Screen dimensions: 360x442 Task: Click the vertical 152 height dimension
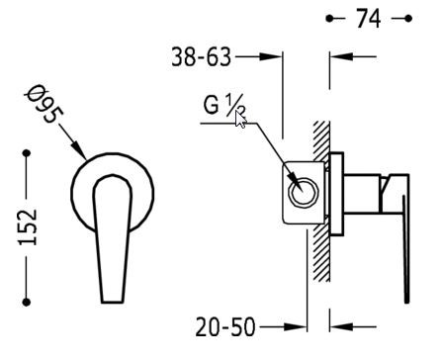pyautogui.click(x=29, y=227)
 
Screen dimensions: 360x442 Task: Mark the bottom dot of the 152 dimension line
pyautogui.click(x=29, y=303)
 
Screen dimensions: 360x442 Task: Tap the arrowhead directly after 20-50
pyautogui.click(x=304, y=325)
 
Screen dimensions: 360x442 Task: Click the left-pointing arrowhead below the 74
pyautogui.click(x=335, y=57)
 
